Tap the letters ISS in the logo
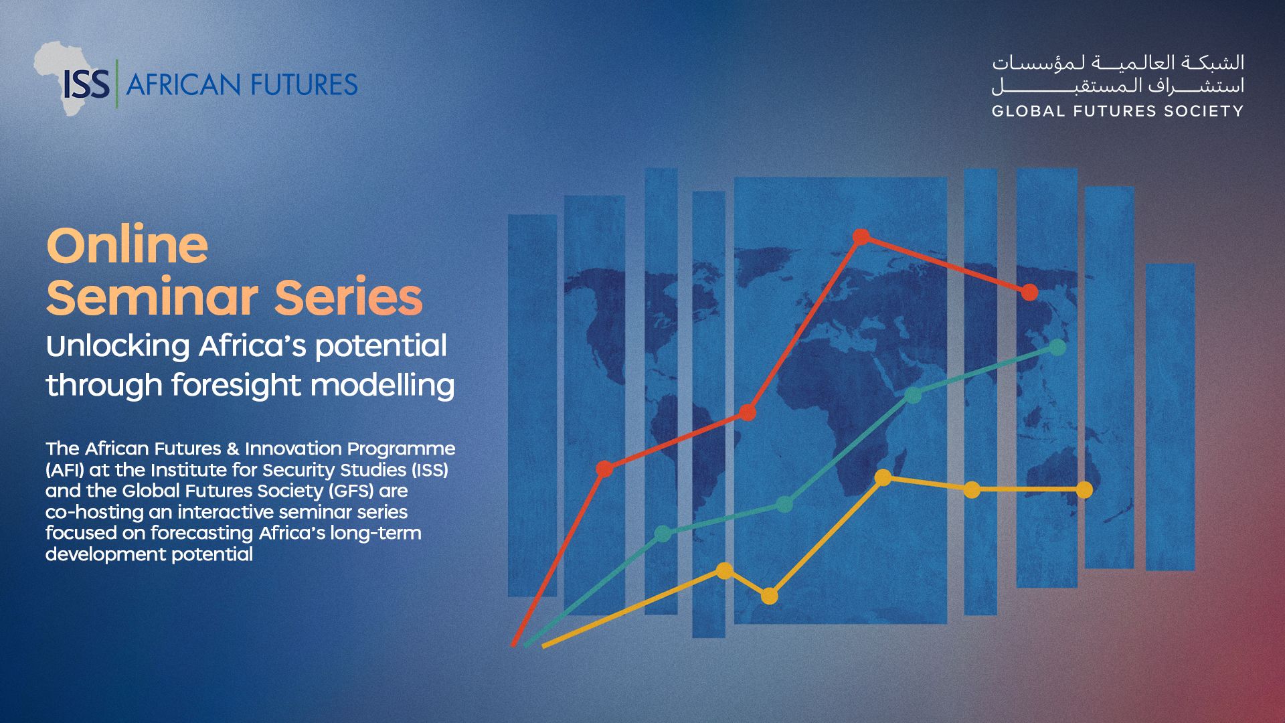(87, 85)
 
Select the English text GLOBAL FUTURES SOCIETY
(1118, 111)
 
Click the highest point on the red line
(861, 236)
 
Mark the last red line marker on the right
(1029, 292)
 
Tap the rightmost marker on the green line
(1057, 347)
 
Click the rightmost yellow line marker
(1084, 490)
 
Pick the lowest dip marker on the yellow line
(770, 595)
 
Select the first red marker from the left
(604, 469)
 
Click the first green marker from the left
(663, 534)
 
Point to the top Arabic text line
(1118, 63)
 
